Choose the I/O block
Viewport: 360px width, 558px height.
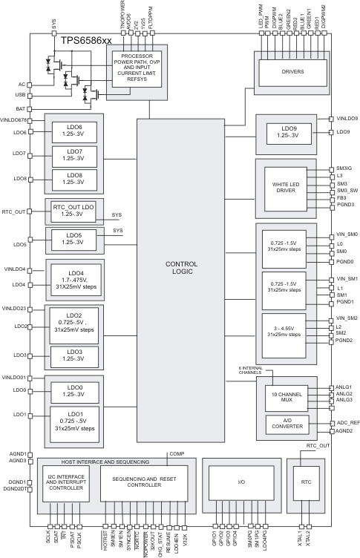point(240,482)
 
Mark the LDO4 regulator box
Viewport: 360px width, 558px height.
point(73,278)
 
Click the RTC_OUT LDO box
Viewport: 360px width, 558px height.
point(73,211)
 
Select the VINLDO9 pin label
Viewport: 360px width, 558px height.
point(347,119)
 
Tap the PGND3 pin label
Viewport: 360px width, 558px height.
point(344,205)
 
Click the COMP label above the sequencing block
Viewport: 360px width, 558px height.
point(177,453)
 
